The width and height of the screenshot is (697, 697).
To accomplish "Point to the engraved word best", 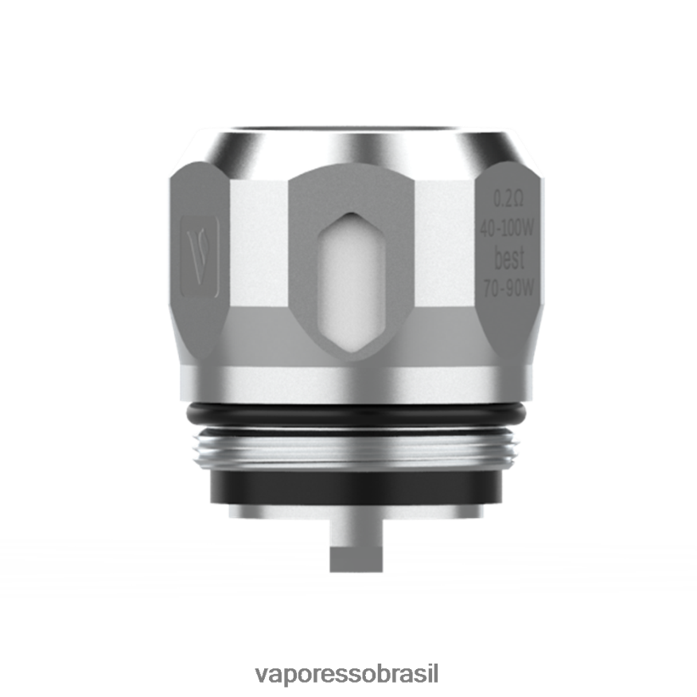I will (x=510, y=258).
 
